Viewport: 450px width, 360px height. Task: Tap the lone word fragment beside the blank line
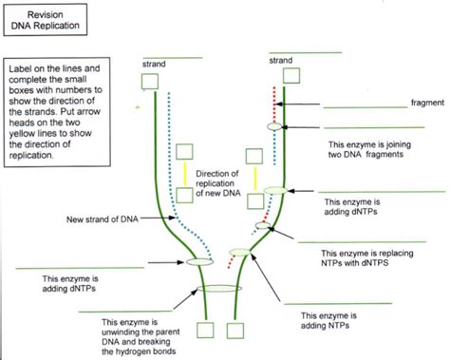(x=422, y=103)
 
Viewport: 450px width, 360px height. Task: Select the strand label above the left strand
(x=155, y=64)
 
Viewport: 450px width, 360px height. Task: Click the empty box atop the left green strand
(x=150, y=82)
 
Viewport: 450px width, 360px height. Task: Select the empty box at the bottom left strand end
(x=204, y=330)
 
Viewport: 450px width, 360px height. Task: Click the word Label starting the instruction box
(x=21, y=70)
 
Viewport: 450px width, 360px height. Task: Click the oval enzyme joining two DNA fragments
(x=275, y=125)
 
